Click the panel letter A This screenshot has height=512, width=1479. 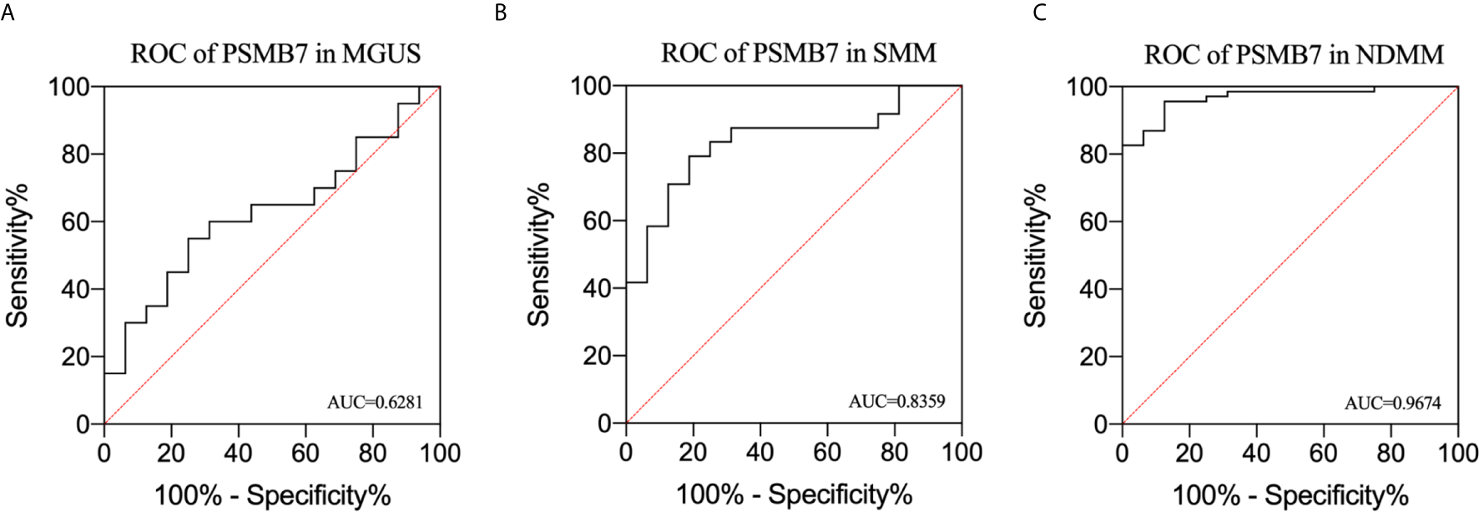[x=7, y=13]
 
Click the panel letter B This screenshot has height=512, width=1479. [x=501, y=13]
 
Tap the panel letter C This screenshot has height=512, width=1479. [x=1039, y=13]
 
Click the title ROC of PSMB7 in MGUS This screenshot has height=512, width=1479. [x=275, y=54]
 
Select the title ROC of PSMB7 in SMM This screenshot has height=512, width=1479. [x=798, y=53]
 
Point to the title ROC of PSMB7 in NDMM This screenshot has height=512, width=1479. [x=1293, y=55]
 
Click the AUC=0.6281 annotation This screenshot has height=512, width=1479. [x=375, y=403]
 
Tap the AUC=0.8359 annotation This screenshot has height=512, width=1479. [x=896, y=402]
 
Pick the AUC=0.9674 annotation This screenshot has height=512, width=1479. [x=1392, y=403]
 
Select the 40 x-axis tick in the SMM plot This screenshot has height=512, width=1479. [x=760, y=452]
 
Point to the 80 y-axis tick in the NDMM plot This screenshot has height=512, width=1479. [x=1094, y=155]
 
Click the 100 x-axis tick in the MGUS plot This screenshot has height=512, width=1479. [x=440, y=453]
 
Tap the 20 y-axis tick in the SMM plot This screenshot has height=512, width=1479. [x=598, y=356]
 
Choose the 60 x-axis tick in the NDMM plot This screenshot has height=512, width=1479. [x=1323, y=453]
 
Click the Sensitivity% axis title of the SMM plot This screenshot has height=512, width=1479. [x=538, y=255]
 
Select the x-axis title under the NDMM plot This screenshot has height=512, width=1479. [x=1290, y=495]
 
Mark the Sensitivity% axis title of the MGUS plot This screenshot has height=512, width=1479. [x=18, y=255]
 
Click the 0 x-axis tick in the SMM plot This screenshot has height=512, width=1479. [x=626, y=452]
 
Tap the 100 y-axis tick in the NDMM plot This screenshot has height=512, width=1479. [x=1087, y=87]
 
